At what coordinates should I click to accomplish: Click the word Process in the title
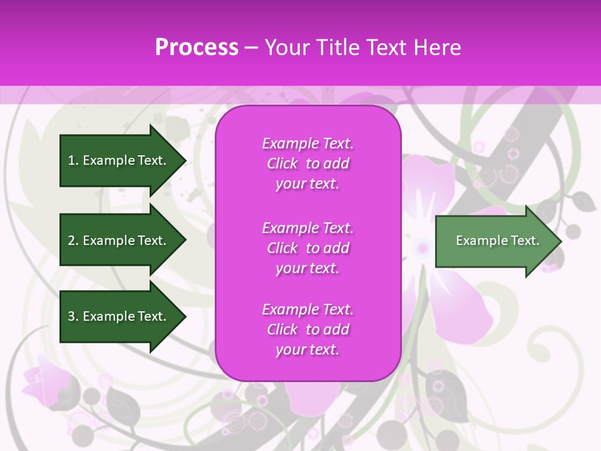[x=197, y=48]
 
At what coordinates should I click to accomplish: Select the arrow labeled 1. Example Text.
[x=119, y=160]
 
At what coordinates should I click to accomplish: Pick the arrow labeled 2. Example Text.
[x=119, y=241]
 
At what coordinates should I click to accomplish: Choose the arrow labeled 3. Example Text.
[x=119, y=316]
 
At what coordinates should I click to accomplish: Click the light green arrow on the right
[x=495, y=241]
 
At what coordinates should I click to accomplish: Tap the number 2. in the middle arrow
[x=73, y=241]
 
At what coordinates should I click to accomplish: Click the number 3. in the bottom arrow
[x=73, y=316]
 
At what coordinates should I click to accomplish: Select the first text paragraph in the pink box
[x=307, y=163]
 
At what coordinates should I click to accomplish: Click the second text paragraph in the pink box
[x=307, y=248]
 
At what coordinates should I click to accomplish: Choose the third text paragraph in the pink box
[x=307, y=329]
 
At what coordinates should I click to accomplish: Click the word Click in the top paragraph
[x=282, y=163]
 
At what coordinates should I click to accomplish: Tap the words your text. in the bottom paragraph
[x=307, y=350]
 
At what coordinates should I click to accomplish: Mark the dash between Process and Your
[x=251, y=48]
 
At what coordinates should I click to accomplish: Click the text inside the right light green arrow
[x=497, y=241]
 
